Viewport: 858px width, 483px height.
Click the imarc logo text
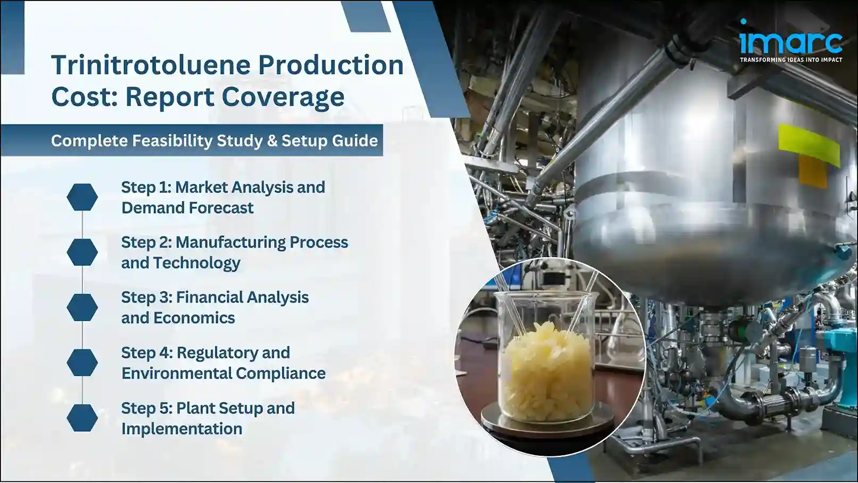click(790, 42)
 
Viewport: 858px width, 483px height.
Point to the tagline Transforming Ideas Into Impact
click(791, 60)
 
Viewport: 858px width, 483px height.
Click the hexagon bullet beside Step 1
click(82, 197)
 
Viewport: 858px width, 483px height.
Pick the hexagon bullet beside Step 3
click(82, 307)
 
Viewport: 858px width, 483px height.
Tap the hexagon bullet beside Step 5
click(82, 417)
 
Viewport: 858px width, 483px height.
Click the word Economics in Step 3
click(194, 318)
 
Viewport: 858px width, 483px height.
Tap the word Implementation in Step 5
click(181, 429)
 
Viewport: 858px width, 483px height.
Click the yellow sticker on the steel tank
click(808, 142)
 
